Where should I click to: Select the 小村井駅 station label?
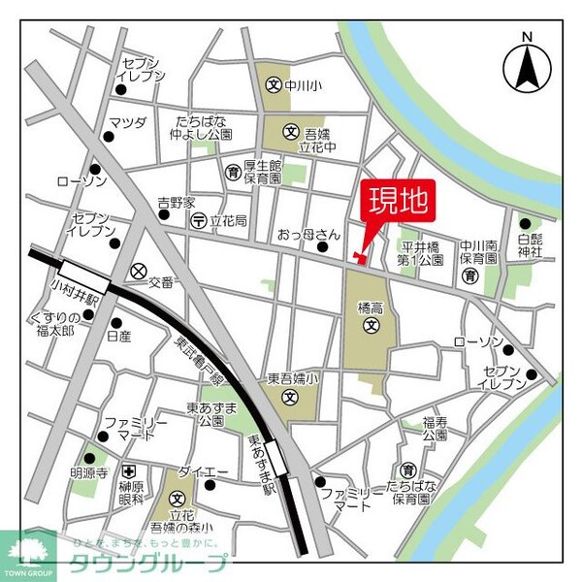(x=61, y=287)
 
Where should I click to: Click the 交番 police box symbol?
(x=139, y=271)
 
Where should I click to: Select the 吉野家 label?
(x=177, y=203)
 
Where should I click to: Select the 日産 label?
(x=118, y=336)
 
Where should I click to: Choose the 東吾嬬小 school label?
(x=287, y=379)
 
